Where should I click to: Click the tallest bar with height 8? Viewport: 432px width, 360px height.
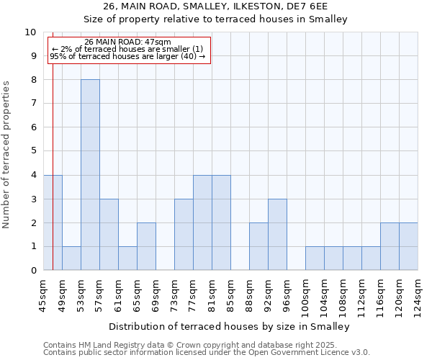click(x=90, y=175)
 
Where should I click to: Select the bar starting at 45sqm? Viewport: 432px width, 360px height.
click(x=53, y=222)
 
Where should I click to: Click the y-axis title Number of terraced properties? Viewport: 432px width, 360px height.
click(x=7, y=155)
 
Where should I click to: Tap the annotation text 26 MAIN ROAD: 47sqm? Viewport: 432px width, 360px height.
click(x=127, y=42)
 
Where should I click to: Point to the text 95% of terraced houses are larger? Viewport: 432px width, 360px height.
click(x=127, y=56)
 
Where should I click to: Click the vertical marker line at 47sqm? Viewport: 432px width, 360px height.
click(x=53, y=144)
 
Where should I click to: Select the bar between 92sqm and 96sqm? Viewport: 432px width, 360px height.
click(x=277, y=235)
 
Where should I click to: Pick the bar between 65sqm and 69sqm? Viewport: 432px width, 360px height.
click(x=146, y=246)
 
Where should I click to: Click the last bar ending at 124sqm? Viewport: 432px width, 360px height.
click(x=408, y=246)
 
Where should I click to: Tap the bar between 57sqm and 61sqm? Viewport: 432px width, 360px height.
click(x=109, y=235)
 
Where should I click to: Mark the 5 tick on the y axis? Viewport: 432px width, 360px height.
click(x=32, y=151)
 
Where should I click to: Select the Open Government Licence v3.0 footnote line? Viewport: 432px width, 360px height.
click(x=207, y=353)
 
